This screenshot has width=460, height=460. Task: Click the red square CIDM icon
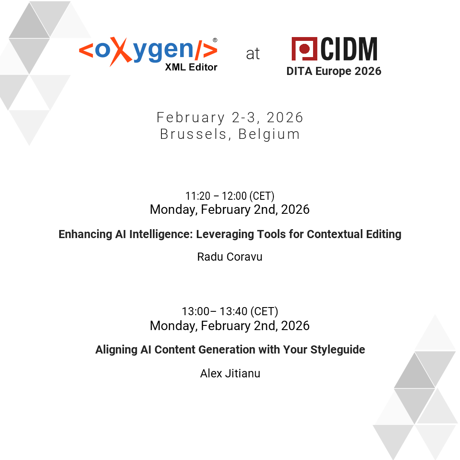point(304,49)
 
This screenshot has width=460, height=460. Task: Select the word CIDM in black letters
point(349,49)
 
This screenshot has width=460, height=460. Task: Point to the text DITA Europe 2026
point(333,71)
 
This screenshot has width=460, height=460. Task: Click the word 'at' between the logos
point(253,54)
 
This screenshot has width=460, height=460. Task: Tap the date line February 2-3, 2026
point(230,117)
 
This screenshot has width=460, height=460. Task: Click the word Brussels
point(193,134)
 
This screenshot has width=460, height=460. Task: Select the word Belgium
point(269,134)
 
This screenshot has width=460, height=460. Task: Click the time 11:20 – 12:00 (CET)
point(230,196)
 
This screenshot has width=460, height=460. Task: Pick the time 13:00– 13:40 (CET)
point(230,311)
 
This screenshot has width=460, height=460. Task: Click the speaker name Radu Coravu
point(230,257)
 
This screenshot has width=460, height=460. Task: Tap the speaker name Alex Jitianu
point(230,374)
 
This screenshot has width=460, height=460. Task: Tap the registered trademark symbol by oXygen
point(215,40)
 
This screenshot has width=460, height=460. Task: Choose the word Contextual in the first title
point(333,234)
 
